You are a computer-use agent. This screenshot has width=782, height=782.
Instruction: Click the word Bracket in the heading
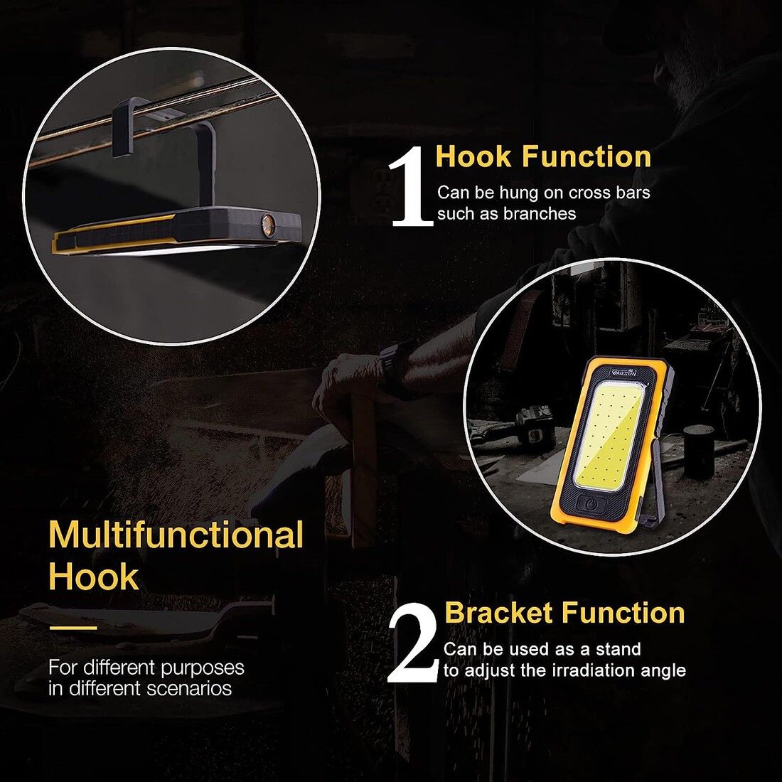coord(502,612)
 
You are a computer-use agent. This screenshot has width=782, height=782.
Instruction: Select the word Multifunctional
coord(176,535)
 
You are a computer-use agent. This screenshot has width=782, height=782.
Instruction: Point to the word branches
coord(540,213)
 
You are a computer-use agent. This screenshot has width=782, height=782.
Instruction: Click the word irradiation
coord(593,670)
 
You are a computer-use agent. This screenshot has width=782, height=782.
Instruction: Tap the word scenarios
coord(189,688)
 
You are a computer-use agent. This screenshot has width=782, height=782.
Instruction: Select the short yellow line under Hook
coord(73,628)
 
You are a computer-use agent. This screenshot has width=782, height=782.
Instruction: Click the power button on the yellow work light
coord(591,504)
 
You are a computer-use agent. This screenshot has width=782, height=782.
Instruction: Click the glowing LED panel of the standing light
coord(609,433)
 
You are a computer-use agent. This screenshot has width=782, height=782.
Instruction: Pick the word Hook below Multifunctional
coord(93,577)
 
